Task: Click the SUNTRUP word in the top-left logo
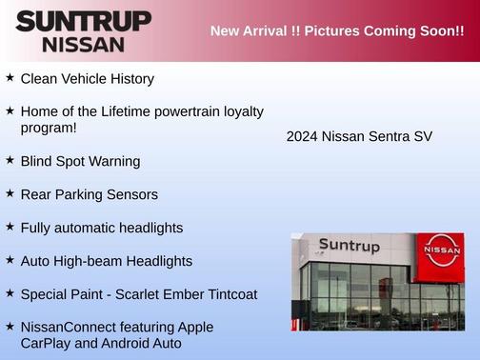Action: pos(84,20)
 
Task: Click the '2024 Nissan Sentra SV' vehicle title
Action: pos(359,136)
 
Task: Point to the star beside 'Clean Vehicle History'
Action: pos(10,77)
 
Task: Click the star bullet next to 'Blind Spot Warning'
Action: pos(10,160)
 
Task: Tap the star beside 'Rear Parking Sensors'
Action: pos(10,192)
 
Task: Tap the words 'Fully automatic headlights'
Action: pos(102,228)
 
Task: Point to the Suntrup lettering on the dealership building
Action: pos(349,247)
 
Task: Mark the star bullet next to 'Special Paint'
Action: pos(10,292)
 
